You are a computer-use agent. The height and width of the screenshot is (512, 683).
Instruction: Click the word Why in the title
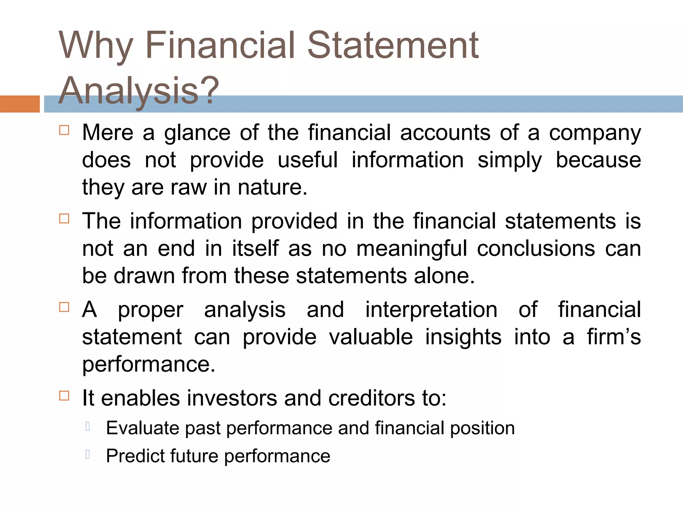coord(96,46)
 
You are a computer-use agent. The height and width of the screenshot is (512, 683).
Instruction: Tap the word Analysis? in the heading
coord(138,91)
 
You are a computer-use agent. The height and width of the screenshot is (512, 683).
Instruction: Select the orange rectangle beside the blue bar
coord(20,104)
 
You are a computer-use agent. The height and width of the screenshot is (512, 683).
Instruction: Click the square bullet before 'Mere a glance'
coord(64,130)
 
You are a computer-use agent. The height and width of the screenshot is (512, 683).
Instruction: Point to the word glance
coord(197,133)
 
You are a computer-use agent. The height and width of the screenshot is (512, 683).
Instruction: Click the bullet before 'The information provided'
coord(64,219)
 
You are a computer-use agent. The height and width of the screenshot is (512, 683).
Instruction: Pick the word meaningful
coord(412,249)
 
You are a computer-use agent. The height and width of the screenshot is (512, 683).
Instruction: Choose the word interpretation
coord(431,310)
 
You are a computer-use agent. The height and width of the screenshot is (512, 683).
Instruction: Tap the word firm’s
coord(614,337)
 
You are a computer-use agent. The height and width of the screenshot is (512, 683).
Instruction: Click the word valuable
coord(371,337)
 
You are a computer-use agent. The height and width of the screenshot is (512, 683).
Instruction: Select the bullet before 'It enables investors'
coord(64,396)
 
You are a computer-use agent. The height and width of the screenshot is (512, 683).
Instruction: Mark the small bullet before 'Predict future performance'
coord(87,454)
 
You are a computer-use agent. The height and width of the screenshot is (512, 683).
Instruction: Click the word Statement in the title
coord(393,46)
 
